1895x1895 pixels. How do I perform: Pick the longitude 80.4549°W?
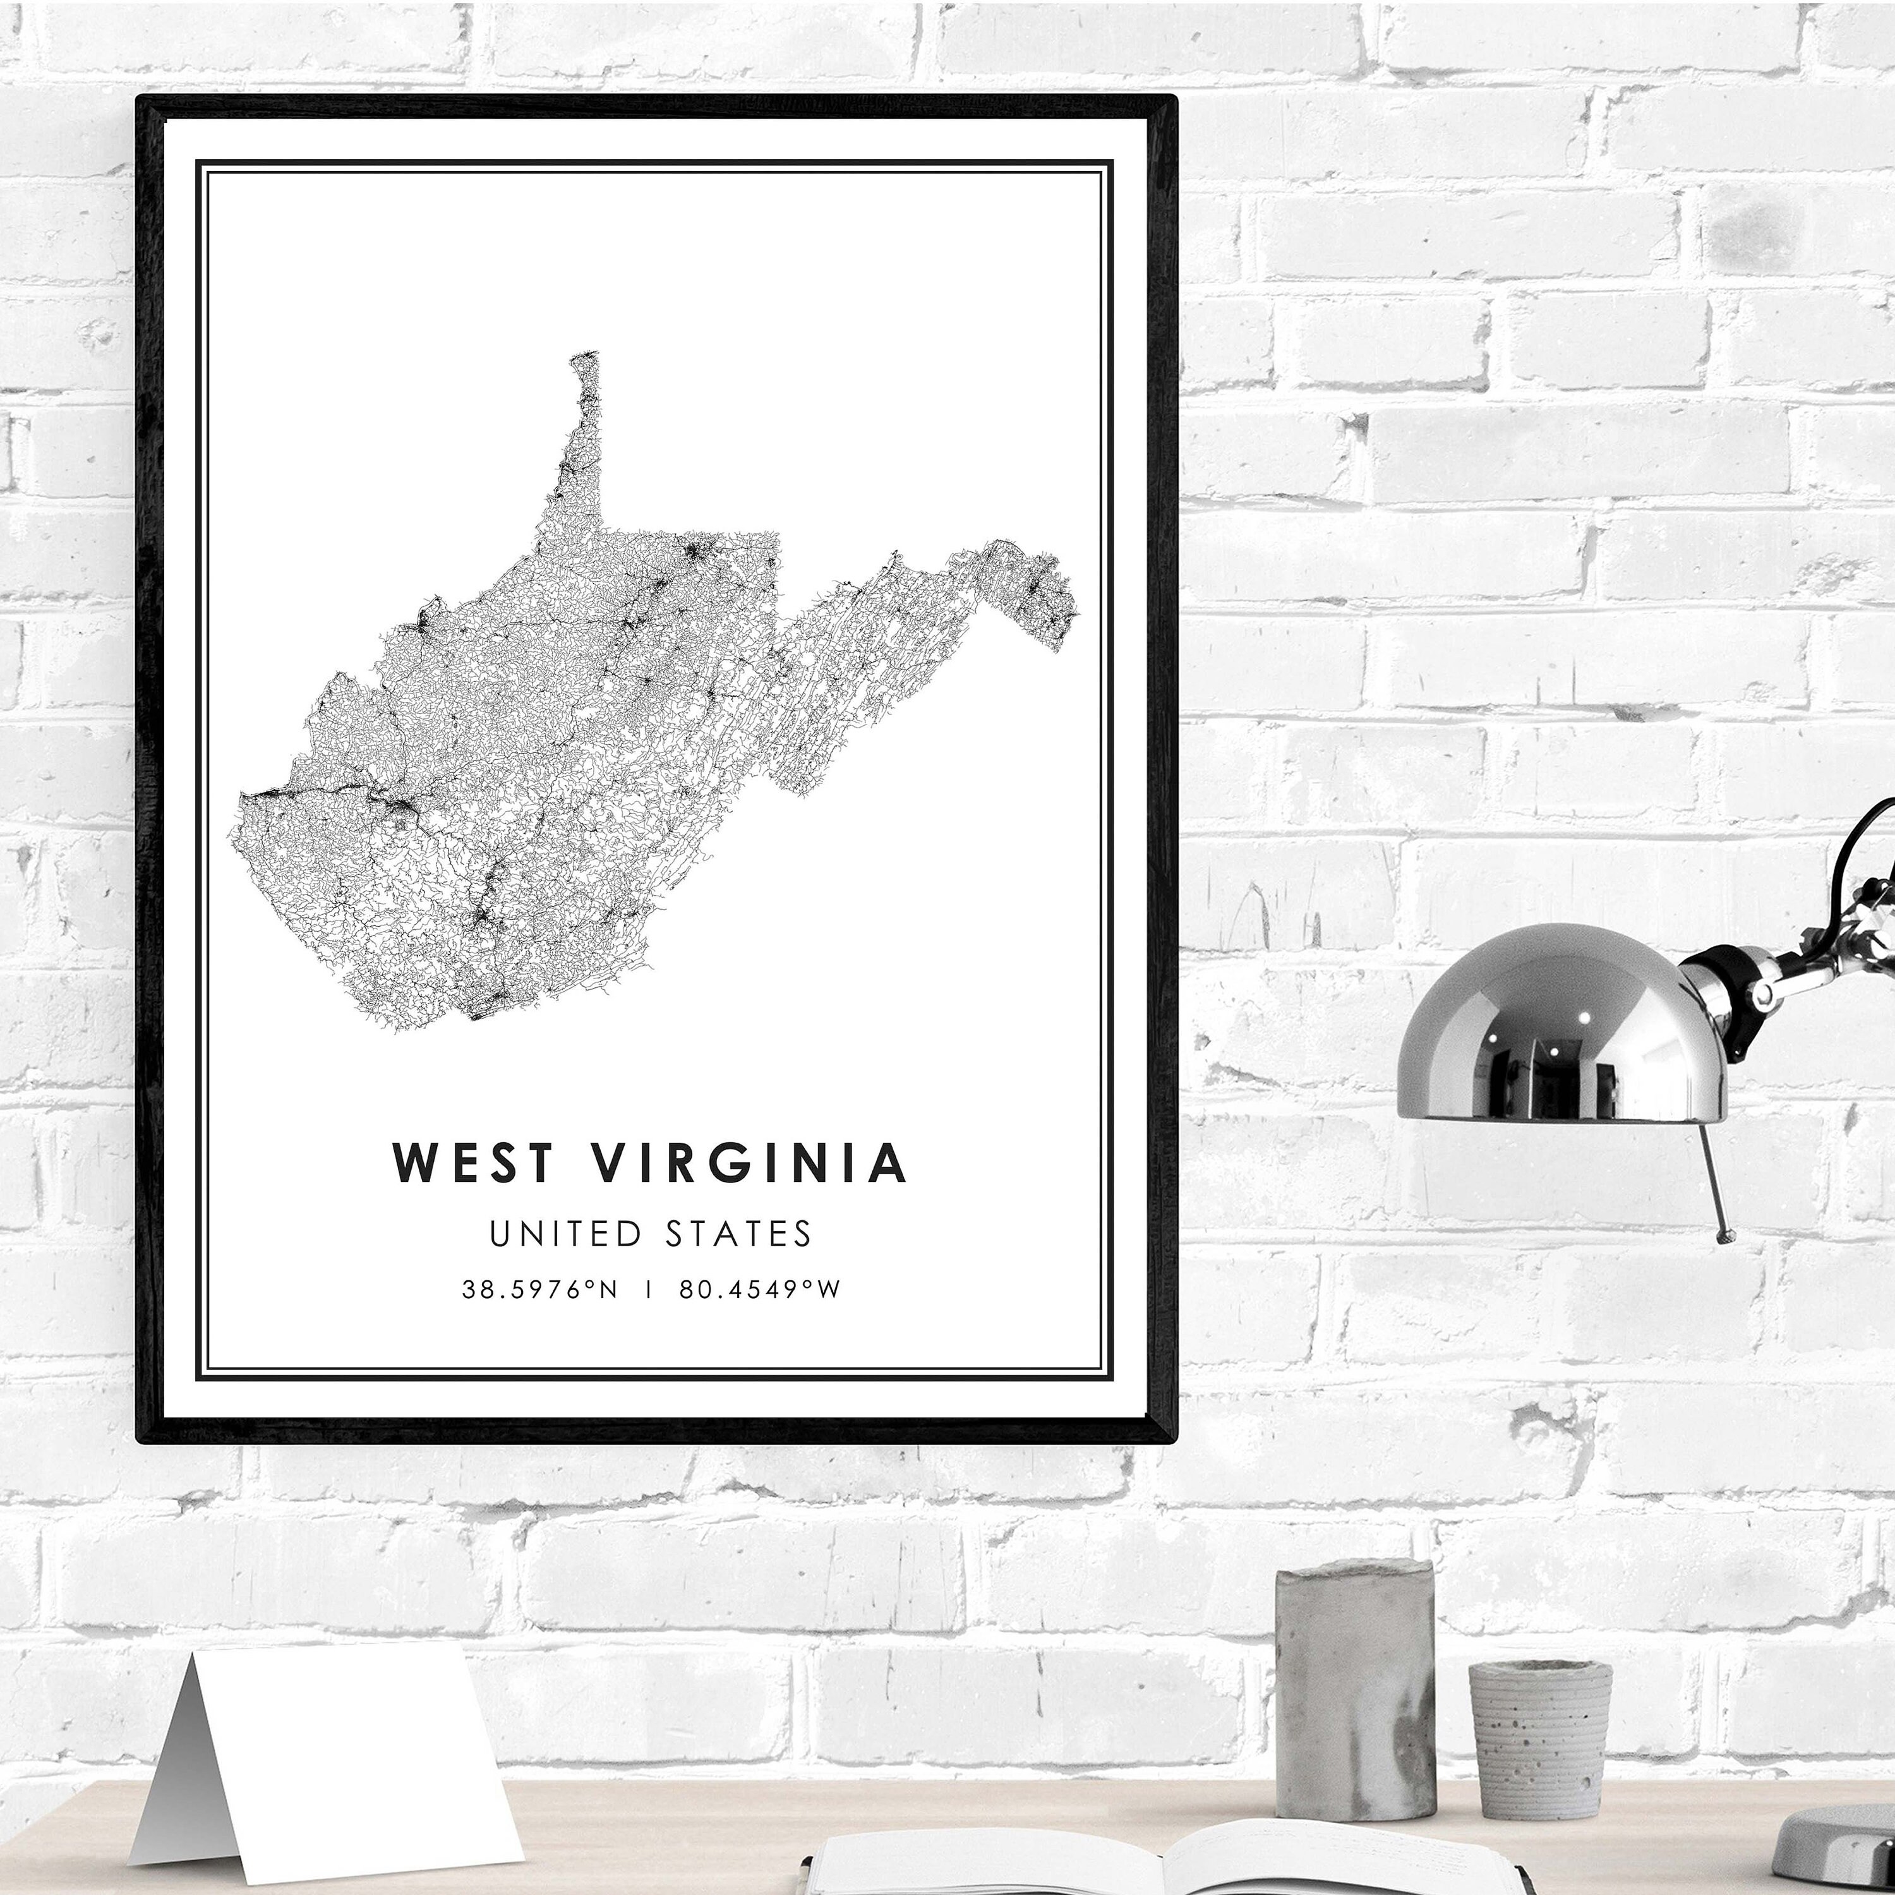click(x=760, y=1289)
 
